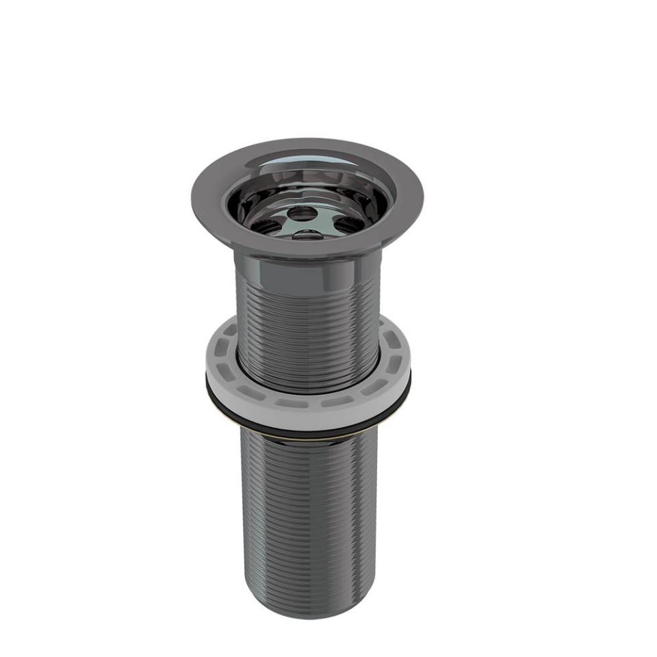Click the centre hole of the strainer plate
point(302,214)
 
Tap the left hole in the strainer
point(266,225)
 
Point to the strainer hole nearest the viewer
point(306,235)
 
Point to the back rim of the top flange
point(308,144)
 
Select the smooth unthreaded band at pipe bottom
point(308,602)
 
